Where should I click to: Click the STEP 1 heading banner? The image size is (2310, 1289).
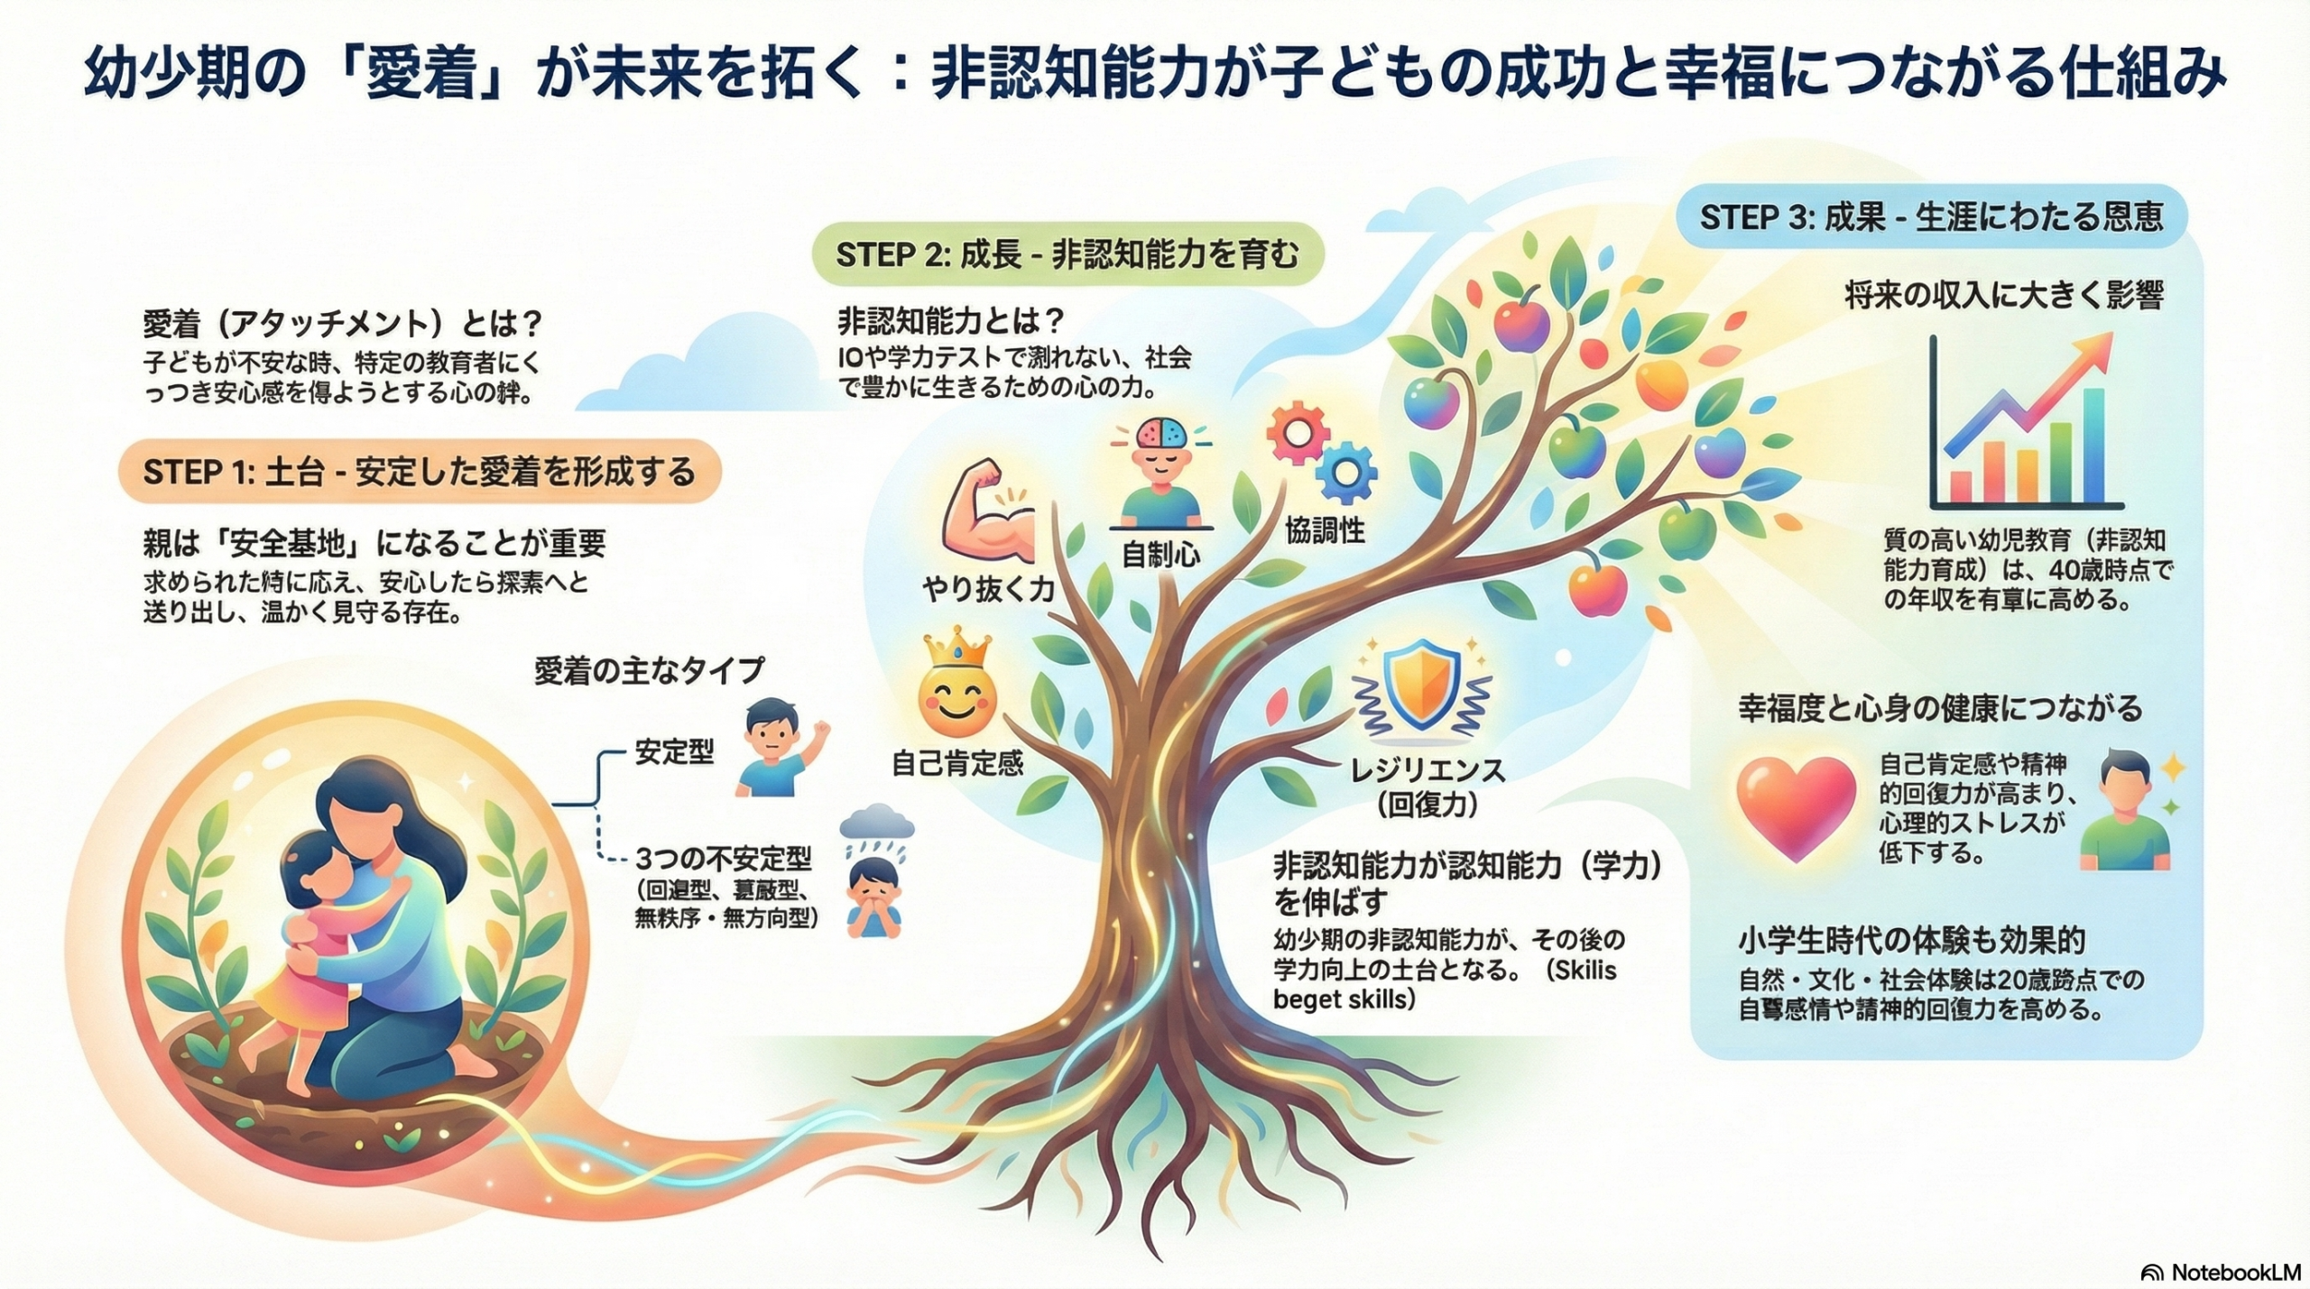[x=420, y=472]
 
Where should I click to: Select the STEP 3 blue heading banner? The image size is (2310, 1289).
[x=1931, y=217]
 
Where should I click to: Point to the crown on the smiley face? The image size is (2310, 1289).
[x=956, y=649]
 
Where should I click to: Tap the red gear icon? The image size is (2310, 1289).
[x=1298, y=434]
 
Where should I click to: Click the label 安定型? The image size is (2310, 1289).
[x=674, y=751]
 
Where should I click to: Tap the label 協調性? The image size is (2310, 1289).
[x=1325, y=531]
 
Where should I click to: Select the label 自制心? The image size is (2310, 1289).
[x=1160, y=554]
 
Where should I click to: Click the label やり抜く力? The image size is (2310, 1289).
[x=988, y=588]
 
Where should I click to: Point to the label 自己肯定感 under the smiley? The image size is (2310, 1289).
[x=957, y=763]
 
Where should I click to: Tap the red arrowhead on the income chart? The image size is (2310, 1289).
[x=2097, y=345]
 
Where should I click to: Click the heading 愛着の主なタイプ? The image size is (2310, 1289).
[x=649, y=670]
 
